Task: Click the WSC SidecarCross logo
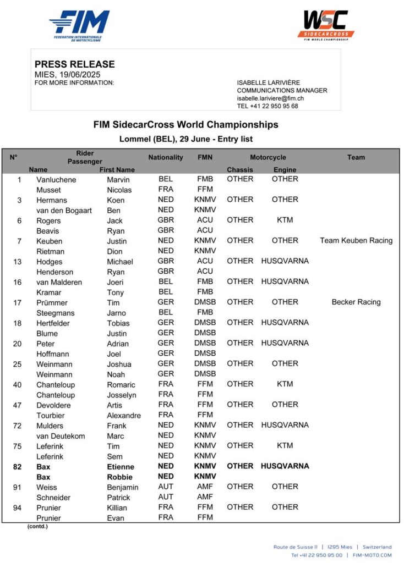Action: point(326,25)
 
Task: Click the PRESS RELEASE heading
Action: point(75,64)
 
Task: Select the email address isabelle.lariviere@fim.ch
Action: point(271,98)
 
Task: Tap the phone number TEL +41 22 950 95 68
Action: point(267,106)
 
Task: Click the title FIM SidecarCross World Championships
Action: point(186,125)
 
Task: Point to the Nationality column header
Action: point(165,157)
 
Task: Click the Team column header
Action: point(356,157)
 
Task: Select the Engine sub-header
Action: point(285,170)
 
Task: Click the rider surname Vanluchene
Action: point(56,179)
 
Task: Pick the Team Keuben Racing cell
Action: point(356,240)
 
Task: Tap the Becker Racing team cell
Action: point(356,302)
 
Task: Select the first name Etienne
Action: point(121,467)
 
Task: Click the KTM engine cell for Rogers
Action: point(285,220)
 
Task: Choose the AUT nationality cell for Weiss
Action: point(166,487)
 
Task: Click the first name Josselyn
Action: point(124,395)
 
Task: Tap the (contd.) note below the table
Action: point(37,527)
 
